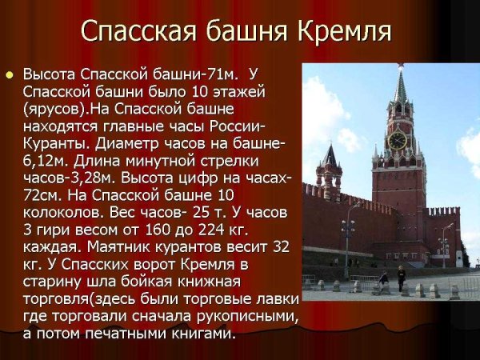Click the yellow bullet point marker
click(10, 75)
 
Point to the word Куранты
click(57, 146)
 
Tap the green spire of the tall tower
click(400, 88)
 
